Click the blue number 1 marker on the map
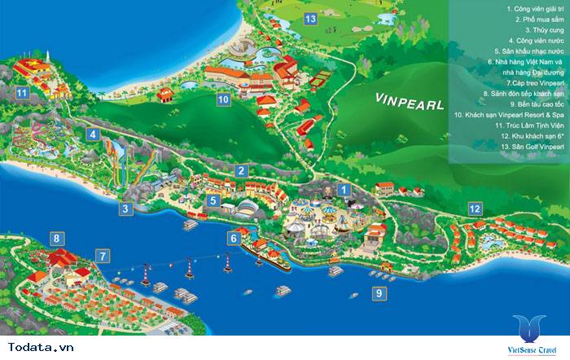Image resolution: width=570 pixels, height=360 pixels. [x=344, y=190]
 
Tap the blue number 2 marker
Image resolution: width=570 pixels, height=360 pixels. [x=241, y=170]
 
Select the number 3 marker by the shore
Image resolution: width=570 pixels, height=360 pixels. [x=125, y=209]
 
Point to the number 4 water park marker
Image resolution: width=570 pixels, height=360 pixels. [x=94, y=134]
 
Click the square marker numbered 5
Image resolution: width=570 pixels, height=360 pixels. [x=213, y=200]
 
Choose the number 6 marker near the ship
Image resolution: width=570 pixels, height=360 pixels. [x=234, y=238]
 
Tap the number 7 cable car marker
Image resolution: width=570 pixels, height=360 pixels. [x=102, y=256]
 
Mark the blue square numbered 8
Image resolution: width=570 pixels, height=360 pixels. [x=56, y=239]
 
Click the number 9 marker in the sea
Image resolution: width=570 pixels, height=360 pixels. [x=377, y=292]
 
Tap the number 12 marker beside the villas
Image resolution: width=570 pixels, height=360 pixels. [x=474, y=209]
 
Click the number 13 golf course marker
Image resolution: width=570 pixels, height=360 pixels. [x=309, y=19]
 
